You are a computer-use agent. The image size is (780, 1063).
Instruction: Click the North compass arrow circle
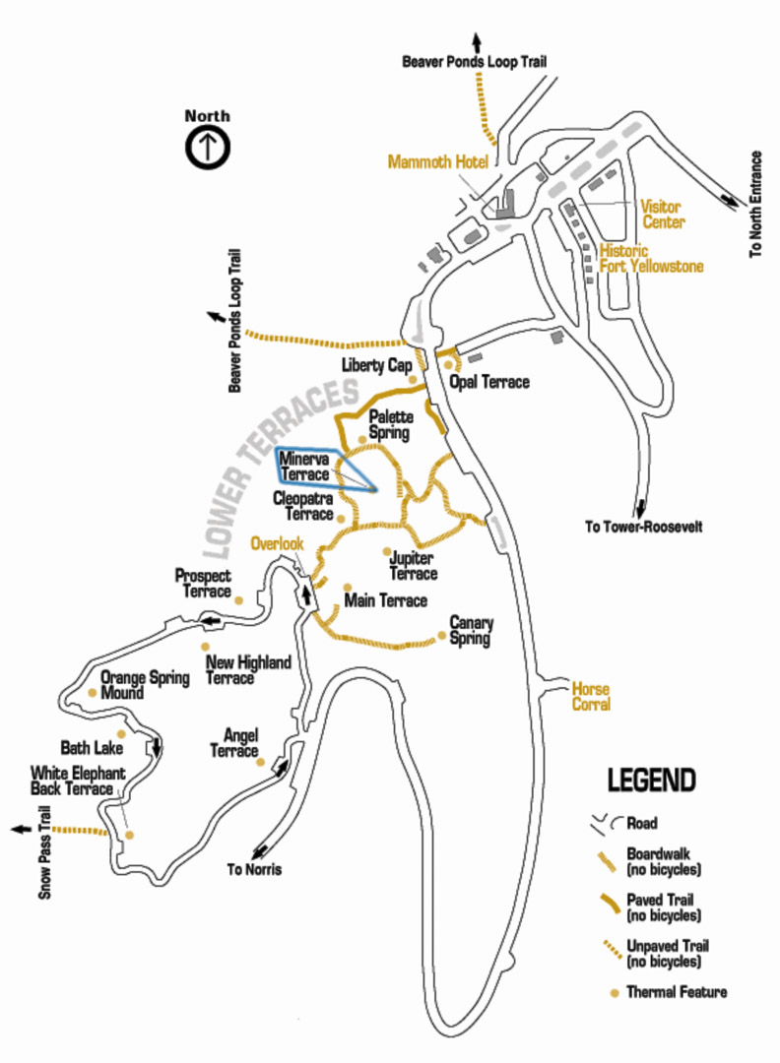click(x=208, y=147)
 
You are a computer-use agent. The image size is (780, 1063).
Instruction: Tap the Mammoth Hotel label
click(x=438, y=162)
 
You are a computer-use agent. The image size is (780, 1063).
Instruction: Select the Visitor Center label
click(x=663, y=215)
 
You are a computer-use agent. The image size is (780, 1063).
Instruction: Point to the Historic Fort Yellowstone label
click(x=651, y=258)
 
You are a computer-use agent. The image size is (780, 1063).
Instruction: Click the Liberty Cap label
click(x=376, y=365)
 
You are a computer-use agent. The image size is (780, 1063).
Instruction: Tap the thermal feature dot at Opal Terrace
click(x=448, y=365)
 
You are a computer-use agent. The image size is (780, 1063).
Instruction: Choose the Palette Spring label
click(x=391, y=424)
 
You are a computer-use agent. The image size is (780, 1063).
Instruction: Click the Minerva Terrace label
click(x=304, y=467)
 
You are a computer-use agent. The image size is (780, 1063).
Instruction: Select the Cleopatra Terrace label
click(x=303, y=507)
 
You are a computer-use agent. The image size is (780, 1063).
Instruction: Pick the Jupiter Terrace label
click(x=413, y=566)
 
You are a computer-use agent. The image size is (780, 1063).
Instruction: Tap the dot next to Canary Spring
click(x=442, y=635)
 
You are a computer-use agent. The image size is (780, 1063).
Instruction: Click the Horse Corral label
click(x=591, y=696)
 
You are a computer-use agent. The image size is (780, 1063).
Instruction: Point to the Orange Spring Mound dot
click(x=93, y=692)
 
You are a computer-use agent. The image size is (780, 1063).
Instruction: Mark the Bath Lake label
click(x=92, y=748)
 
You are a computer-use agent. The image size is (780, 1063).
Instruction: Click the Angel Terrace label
click(x=234, y=743)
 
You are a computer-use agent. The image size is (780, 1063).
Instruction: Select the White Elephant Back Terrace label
click(x=78, y=781)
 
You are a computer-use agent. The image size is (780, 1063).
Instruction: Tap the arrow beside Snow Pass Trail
click(x=22, y=829)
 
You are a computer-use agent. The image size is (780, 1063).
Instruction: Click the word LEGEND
click(x=651, y=781)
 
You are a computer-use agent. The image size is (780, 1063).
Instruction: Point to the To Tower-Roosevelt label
click(x=644, y=526)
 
